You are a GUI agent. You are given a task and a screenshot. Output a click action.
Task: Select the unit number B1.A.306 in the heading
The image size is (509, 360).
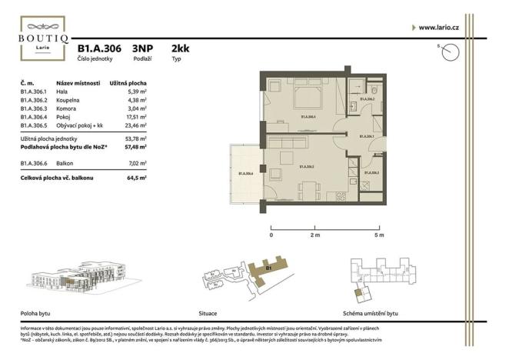coord(99,48)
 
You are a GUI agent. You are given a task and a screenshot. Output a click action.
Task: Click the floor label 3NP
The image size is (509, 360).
coord(142,48)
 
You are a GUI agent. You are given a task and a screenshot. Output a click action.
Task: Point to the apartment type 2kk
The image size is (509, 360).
coord(181,48)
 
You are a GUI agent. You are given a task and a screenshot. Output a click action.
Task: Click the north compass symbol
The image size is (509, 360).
coord(450,52)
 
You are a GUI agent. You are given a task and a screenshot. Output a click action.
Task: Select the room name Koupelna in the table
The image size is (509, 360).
coord(69,100)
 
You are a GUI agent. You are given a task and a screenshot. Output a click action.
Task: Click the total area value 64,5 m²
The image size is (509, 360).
coord(137,177)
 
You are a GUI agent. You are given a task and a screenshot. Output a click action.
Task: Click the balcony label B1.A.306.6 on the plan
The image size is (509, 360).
coord(247,174)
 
